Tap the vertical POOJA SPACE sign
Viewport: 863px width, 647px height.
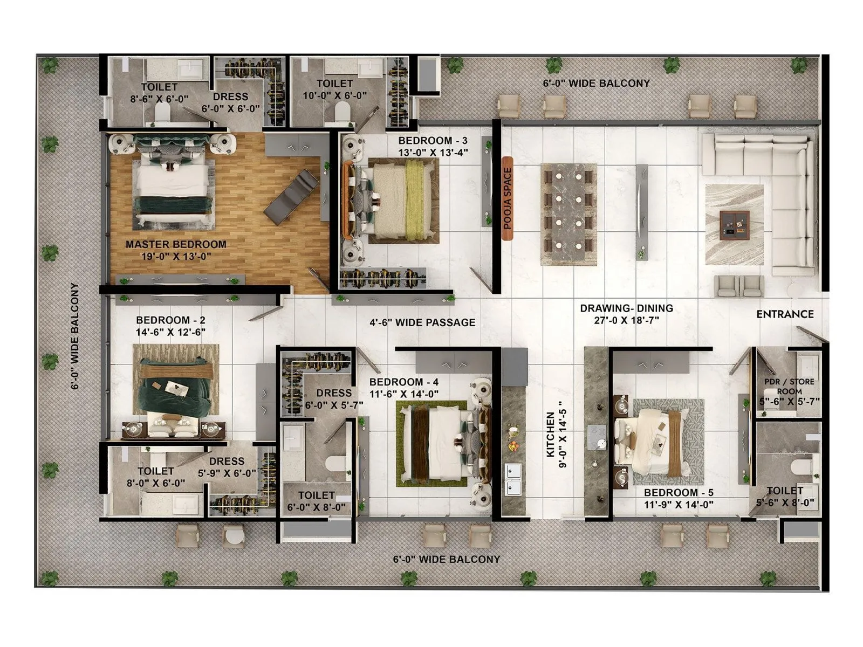pos(507,198)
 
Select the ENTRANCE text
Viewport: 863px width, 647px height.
pos(785,314)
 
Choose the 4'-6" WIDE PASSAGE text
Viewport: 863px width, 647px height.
pos(422,322)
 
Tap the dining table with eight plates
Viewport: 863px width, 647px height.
pos(569,214)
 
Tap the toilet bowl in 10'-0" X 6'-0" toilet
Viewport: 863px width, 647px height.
pos(341,113)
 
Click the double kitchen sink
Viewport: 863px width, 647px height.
pos(512,479)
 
